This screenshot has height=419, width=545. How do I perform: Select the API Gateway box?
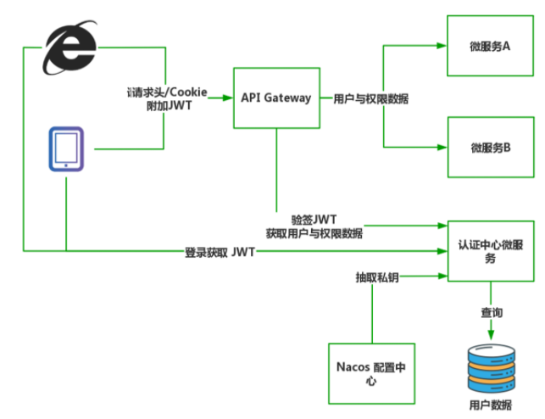(x=275, y=98)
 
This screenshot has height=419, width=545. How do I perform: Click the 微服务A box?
(x=489, y=46)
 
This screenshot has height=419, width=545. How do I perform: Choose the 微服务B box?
(x=489, y=147)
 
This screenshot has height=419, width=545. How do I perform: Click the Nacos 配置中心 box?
(x=371, y=373)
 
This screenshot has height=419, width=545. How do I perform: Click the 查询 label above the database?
(x=492, y=313)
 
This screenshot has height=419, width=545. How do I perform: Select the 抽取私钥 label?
(x=375, y=277)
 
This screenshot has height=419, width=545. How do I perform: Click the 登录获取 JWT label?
(x=220, y=252)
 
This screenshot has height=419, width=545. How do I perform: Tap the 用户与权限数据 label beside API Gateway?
(x=371, y=98)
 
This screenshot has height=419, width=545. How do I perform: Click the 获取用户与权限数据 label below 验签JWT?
(x=314, y=233)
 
